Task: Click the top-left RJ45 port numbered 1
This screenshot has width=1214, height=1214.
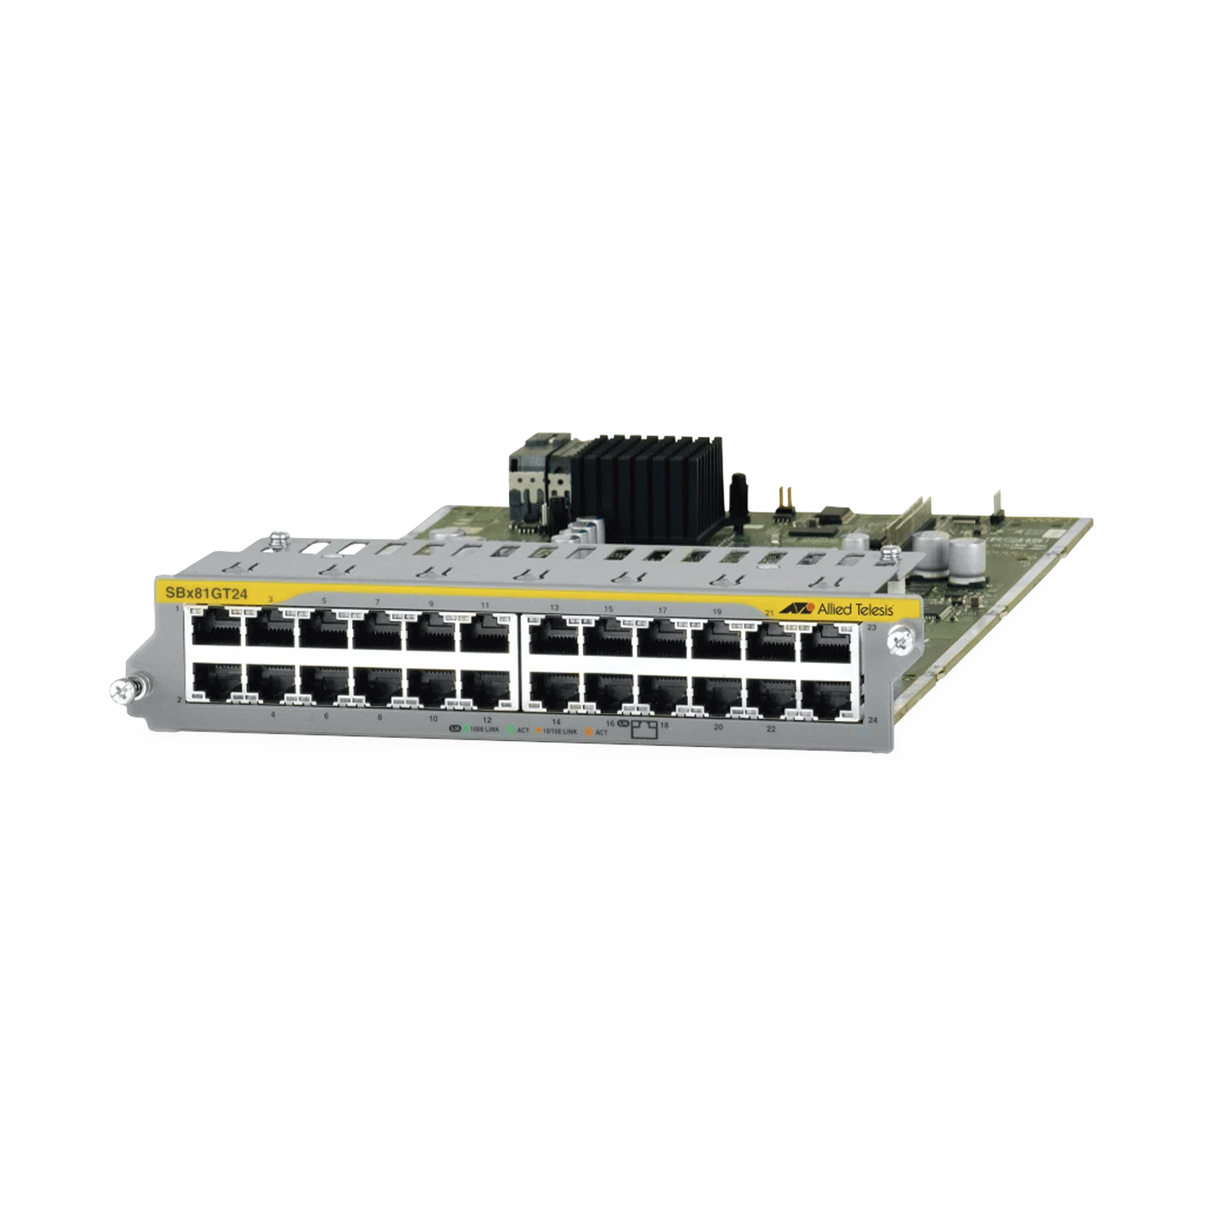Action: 214,629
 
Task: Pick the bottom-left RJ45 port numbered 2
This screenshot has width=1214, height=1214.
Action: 214,684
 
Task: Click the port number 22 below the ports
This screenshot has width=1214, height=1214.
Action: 770,728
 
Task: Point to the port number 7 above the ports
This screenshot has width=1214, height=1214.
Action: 377,602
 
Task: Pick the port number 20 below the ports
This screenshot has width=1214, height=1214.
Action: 717,727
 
